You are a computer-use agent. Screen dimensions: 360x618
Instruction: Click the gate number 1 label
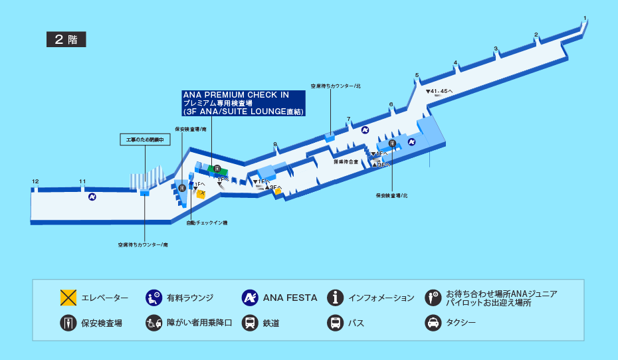pos(585,18)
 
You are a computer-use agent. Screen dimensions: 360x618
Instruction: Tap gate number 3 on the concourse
pos(496,48)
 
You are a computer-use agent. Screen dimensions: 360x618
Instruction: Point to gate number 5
pos(417,75)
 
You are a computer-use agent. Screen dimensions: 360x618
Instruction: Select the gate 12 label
pos(35,181)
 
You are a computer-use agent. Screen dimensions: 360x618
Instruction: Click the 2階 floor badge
pos(66,39)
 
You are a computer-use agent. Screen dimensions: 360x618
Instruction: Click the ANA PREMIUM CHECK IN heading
pos(236,95)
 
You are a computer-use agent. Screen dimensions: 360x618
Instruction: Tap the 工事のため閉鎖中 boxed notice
pos(144,139)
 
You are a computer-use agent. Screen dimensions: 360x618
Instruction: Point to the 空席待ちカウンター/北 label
pos(336,86)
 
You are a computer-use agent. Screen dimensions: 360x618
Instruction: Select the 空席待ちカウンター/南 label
pos(143,244)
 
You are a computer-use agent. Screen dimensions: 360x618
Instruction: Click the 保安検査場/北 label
pos(391,196)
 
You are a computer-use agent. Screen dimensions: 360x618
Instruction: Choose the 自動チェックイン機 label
pos(207,223)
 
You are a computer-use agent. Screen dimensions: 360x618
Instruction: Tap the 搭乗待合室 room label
pos(346,161)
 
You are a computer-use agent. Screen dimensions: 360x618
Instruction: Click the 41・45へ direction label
pos(439,91)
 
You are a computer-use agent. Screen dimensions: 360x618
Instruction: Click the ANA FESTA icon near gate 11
pos(92,197)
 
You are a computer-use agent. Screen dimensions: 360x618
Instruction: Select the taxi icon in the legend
pos(433,323)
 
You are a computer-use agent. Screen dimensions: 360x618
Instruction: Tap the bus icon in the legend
pos(336,323)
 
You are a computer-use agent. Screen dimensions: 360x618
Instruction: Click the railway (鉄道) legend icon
pos(250,323)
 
